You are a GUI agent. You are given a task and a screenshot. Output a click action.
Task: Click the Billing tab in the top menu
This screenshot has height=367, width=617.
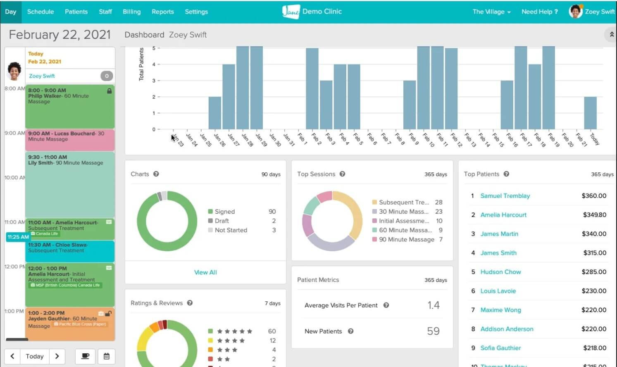pos(131,12)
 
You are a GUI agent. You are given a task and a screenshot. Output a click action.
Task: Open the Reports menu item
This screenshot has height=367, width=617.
pos(162,12)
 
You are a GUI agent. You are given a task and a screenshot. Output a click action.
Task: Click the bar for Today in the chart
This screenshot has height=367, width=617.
pos(590,113)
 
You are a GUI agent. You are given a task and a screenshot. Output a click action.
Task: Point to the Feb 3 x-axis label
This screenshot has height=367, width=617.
pos(330,139)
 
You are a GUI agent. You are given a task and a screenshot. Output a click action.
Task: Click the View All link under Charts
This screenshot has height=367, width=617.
pos(205,272)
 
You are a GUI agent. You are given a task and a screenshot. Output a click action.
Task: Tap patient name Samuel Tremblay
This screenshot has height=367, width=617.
pos(505,196)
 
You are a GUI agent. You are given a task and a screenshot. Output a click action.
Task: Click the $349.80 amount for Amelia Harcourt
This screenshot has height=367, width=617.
pos(594,215)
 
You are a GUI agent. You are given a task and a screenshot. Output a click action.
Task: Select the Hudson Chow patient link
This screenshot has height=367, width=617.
pos(500,272)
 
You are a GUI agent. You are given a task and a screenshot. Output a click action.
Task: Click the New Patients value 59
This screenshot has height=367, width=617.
pos(433,331)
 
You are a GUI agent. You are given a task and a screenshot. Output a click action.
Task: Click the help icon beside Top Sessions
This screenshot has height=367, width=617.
pos(342,174)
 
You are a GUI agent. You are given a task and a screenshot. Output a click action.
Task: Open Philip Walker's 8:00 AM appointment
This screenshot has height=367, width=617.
pos(69,106)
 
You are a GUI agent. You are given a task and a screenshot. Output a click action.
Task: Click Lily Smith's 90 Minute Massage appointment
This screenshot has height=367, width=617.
pos(69,184)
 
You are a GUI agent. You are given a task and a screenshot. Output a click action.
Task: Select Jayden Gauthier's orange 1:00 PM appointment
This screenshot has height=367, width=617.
pos(69,324)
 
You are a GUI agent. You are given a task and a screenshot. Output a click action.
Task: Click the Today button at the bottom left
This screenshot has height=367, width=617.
pos(35,356)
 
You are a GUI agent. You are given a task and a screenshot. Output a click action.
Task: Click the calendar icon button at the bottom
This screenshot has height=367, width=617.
pos(107,356)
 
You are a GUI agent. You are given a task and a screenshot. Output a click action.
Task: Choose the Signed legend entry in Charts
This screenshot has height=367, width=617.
pos(224,212)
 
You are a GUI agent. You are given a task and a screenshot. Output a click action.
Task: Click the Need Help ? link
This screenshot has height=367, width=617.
pos(539,12)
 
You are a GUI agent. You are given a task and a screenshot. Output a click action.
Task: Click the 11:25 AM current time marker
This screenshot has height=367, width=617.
pos(18,237)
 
